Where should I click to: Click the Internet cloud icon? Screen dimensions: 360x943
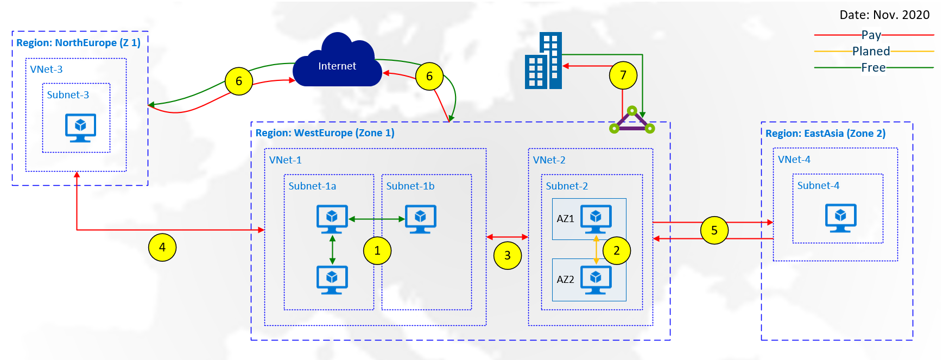click(x=337, y=62)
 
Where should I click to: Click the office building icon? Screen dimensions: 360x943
click(x=543, y=61)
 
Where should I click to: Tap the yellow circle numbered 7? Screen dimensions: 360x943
click(x=623, y=75)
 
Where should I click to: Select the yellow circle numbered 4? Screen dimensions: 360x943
click(x=162, y=247)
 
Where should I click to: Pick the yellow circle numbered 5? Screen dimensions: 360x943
click(x=714, y=230)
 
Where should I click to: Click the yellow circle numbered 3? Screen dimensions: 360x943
click(x=507, y=255)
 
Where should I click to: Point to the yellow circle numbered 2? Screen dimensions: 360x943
click(x=616, y=250)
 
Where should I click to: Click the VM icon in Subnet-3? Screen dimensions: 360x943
click(x=80, y=128)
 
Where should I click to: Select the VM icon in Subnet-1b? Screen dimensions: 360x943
click(x=420, y=219)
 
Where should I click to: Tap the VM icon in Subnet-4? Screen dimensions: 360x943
click(x=840, y=218)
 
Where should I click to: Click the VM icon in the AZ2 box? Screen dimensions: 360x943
click(x=596, y=280)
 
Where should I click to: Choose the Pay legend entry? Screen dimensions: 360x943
click(x=871, y=35)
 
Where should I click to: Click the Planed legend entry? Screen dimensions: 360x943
click(x=871, y=52)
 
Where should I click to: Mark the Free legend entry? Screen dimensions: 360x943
click(x=873, y=68)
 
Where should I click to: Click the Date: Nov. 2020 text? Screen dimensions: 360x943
click(x=884, y=15)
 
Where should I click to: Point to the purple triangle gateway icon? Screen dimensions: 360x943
click(x=632, y=121)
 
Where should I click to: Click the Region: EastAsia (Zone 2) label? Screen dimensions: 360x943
click(x=825, y=134)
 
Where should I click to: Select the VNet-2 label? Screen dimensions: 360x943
click(x=549, y=160)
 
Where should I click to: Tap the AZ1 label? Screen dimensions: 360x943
click(x=565, y=219)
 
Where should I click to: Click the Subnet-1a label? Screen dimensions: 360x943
click(x=312, y=186)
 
